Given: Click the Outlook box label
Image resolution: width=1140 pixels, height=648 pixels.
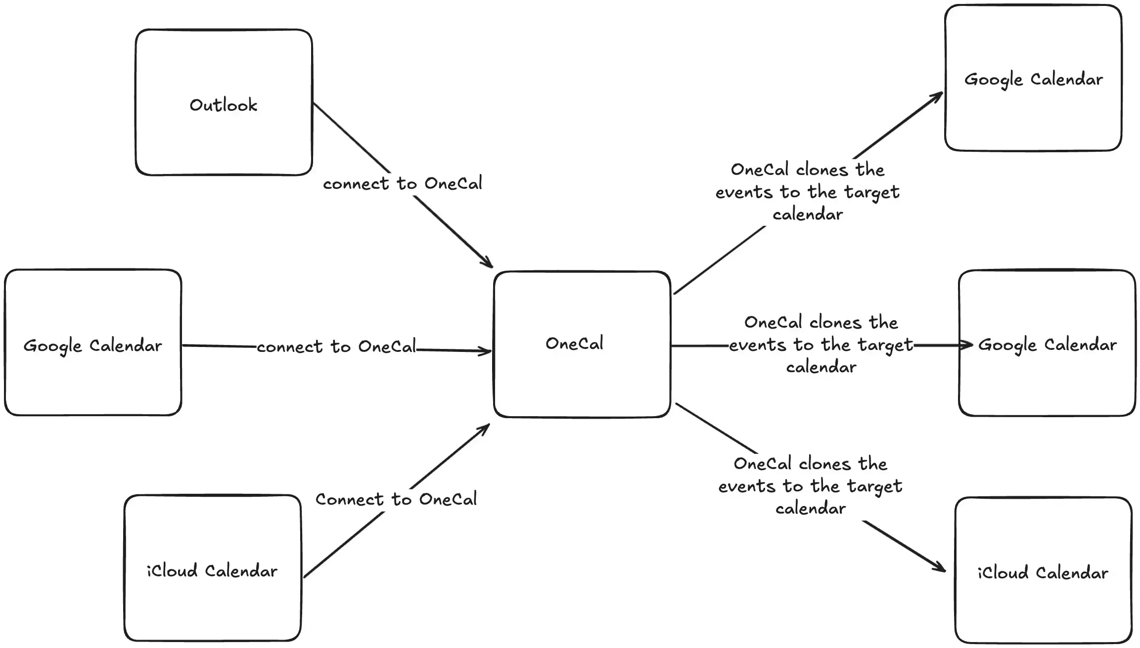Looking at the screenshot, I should point(224,105).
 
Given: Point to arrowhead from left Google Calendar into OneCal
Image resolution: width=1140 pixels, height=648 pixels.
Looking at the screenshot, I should point(486,351).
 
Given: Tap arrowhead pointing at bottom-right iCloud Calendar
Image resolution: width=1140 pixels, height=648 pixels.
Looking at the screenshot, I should point(940,568).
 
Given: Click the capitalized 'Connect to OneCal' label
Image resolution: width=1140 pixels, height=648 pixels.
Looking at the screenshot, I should point(396,499).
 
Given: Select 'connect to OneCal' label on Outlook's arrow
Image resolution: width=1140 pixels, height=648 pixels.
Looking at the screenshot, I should point(402,184).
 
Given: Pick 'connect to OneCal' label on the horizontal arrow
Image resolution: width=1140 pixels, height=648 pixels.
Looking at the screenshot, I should point(336,347).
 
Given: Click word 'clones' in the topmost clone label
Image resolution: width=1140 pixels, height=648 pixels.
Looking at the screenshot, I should point(821,170).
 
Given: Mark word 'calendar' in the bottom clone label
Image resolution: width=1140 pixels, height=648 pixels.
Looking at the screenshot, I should point(810,509).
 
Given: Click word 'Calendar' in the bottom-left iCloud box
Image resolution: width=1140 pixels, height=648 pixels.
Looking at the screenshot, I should point(241,571).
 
